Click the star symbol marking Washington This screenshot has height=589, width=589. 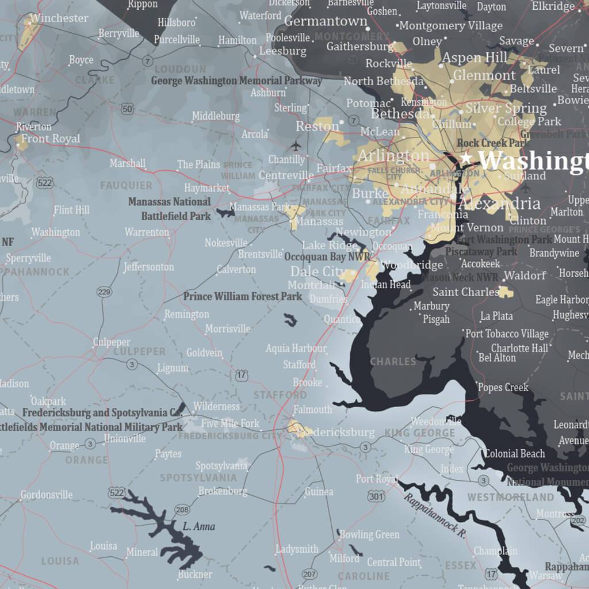tap(466, 157)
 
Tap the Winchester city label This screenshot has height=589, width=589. tap(59, 18)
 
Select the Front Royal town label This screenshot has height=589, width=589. tap(51, 139)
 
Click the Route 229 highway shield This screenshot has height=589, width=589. tap(104, 292)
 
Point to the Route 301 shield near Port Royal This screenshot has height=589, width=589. tap(376, 496)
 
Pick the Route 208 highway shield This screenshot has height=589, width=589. tap(182, 510)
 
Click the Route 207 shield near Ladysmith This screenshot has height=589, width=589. tap(309, 573)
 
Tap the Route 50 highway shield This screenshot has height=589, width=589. tap(128, 109)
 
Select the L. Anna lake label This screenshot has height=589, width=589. tap(199, 526)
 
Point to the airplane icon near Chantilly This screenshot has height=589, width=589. tap(296, 145)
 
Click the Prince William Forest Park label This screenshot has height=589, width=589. tap(242, 297)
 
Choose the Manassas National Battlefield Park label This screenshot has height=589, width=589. tap(170, 209)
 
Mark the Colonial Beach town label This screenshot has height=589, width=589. tap(514, 454)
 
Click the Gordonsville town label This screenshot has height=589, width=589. tap(47, 495)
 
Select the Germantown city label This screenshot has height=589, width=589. tap(326, 21)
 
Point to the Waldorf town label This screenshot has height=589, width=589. tap(525, 275)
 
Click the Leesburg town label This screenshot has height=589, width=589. tap(282, 51)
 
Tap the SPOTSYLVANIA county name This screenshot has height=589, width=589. tap(198, 477)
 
